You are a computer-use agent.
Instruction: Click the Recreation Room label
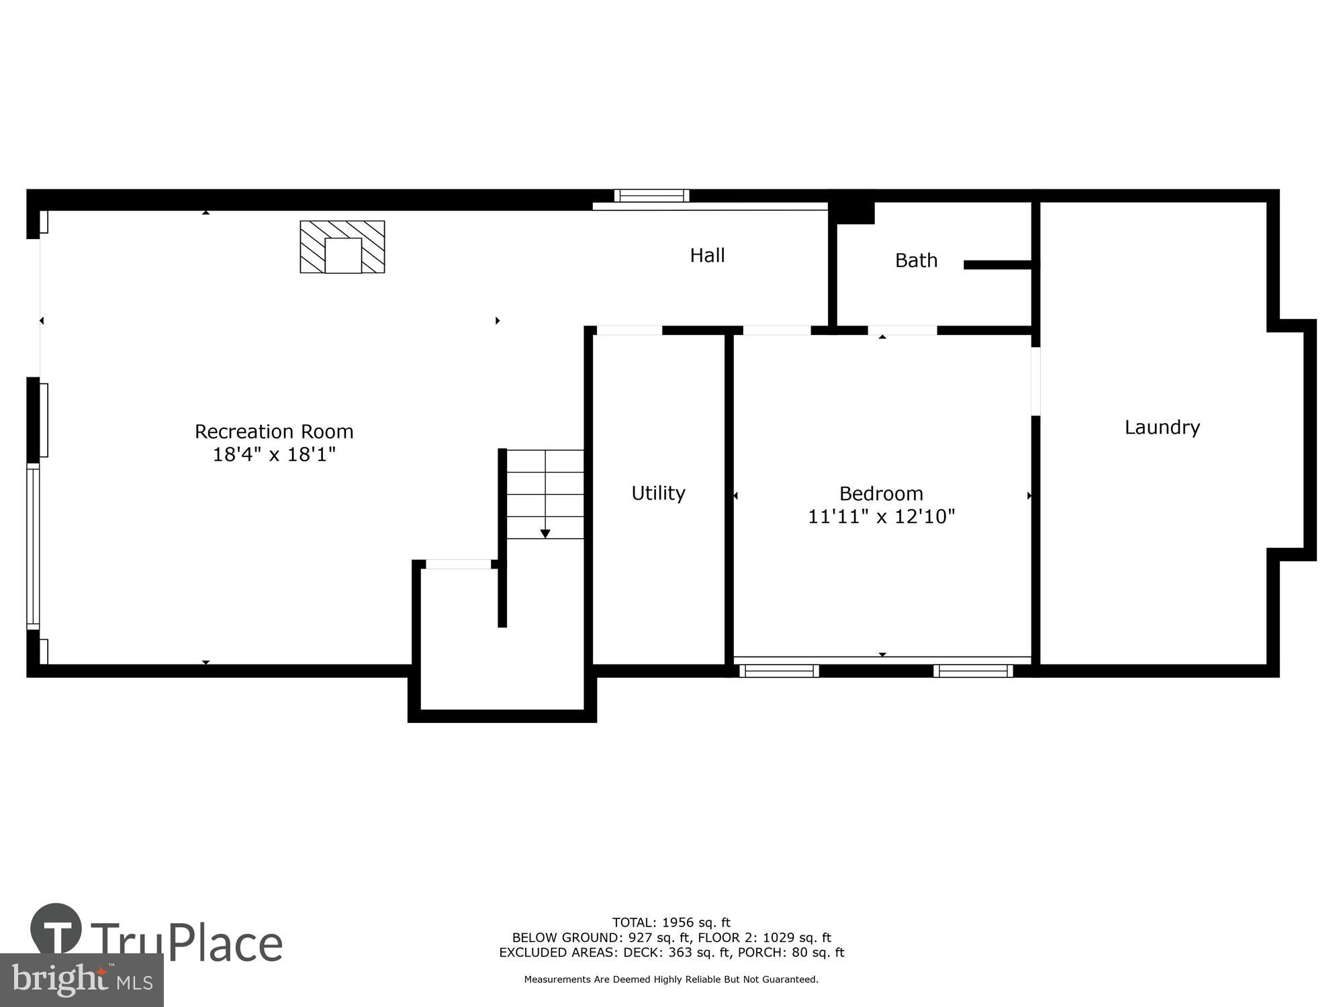(x=274, y=431)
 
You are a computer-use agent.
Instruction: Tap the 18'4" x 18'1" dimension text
(x=274, y=454)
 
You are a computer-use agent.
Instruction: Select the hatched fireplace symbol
(x=342, y=246)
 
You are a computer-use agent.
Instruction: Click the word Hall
(x=707, y=255)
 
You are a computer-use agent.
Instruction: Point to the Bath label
(x=916, y=260)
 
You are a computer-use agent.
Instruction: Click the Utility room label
(x=658, y=493)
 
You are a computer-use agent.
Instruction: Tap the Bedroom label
(x=881, y=493)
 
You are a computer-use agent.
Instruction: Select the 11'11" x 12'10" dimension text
(x=881, y=516)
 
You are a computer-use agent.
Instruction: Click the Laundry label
(x=1162, y=427)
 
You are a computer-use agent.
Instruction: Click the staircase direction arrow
(x=545, y=533)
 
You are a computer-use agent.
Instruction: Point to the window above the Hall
(x=651, y=195)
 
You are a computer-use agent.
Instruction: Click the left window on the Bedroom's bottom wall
(x=779, y=671)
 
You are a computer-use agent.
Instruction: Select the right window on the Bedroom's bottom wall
(x=973, y=671)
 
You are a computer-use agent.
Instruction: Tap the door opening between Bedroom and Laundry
(x=1035, y=381)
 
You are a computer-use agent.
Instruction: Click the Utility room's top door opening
(x=629, y=330)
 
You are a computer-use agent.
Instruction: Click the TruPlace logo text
(x=186, y=943)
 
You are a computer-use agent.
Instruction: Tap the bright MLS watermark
(x=82, y=980)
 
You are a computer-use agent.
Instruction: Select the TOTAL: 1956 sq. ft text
(x=671, y=922)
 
